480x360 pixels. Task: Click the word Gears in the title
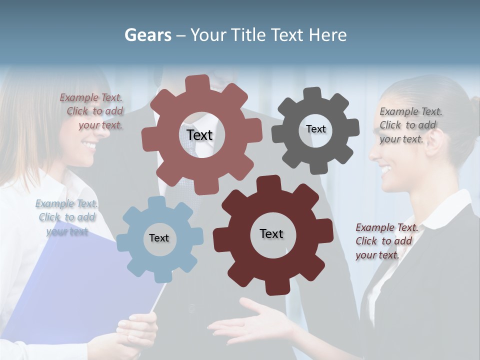(x=148, y=35)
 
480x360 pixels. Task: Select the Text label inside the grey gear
(x=315, y=129)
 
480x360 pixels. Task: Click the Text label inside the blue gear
(x=159, y=238)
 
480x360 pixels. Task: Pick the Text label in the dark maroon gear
(x=271, y=233)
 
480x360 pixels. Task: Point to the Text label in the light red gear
(x=199, y=135)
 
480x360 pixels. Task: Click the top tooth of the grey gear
(x=313, y=94)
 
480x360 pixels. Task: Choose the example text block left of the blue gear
(x=66, y=217)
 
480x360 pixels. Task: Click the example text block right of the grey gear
(x=410, y=125)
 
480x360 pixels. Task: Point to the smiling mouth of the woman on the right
(x=385, y=170)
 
